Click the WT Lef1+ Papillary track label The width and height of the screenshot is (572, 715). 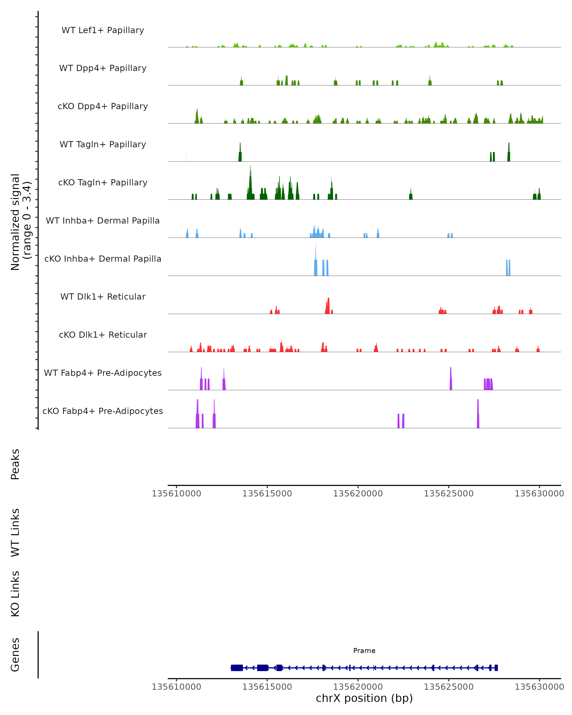(103, 30)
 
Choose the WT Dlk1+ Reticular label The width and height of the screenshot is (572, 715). (103, 296)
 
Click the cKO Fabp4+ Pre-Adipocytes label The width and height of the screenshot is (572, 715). (103, 411)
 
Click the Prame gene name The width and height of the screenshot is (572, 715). (364, 650)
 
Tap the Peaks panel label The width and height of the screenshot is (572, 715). (15, 464)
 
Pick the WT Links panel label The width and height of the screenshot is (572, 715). (15, 532)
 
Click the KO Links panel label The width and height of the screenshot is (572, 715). (15, 594)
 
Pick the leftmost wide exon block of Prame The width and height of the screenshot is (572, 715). (237, 668)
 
